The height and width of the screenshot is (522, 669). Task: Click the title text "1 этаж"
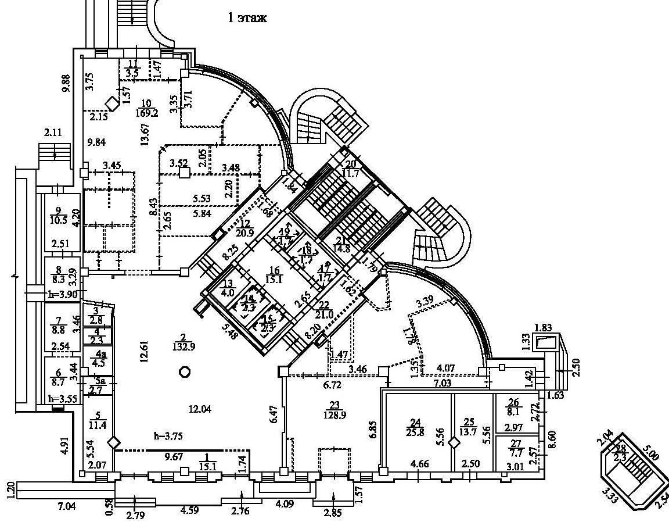coord(247,18)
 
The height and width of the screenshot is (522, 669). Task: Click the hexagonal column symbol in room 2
coord(185,372)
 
